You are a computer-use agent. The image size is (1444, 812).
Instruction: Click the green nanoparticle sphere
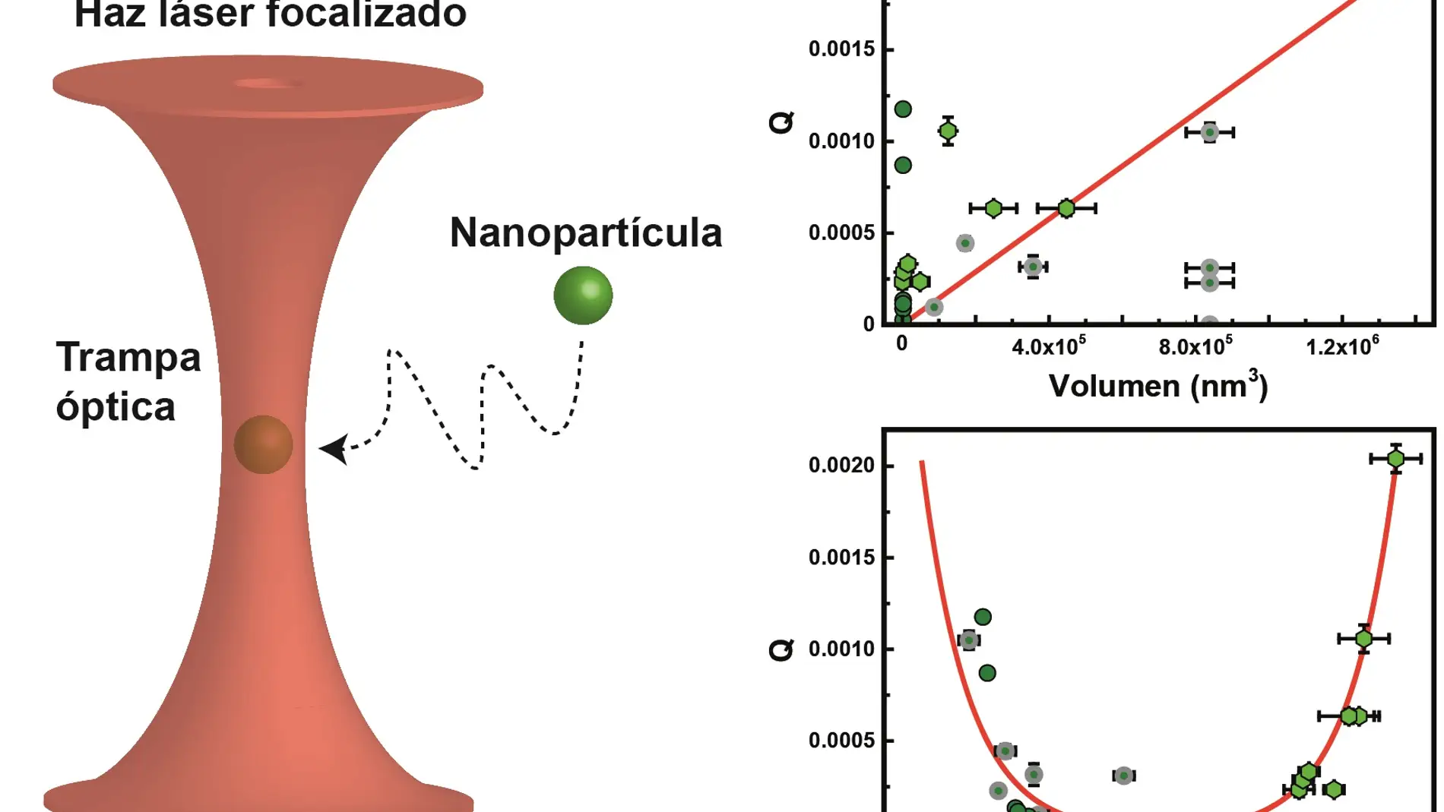[583, 295]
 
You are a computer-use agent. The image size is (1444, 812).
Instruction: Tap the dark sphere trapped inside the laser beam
[263, 444]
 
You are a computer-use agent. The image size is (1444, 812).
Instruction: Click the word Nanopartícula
[585, 232]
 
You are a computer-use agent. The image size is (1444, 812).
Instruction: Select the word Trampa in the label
[128, 357]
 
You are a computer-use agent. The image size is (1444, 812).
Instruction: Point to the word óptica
[116, 407]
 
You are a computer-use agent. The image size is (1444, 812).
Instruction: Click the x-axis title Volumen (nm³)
[1157, 385]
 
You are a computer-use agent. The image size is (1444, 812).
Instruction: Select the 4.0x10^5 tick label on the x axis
[1048, 346]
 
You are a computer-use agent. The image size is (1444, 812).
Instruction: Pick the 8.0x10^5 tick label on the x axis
[1195, 346]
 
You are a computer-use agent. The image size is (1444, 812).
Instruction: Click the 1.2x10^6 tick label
[1342, 346]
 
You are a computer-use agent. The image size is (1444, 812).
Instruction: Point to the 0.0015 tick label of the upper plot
[841, 49]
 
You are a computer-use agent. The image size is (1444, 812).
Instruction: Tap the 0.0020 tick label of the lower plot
[841, 465]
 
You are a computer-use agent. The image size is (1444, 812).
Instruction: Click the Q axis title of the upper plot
[781, 122]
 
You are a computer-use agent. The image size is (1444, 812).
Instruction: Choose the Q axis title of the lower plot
[781, 649]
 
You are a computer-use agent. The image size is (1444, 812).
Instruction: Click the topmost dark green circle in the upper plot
[903, 109]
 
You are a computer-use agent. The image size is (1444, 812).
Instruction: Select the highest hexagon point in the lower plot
[1395, 459]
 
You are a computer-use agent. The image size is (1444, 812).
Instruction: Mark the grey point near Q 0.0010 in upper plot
[1209, 132]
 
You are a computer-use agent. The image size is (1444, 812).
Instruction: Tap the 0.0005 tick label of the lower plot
[841, 741]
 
